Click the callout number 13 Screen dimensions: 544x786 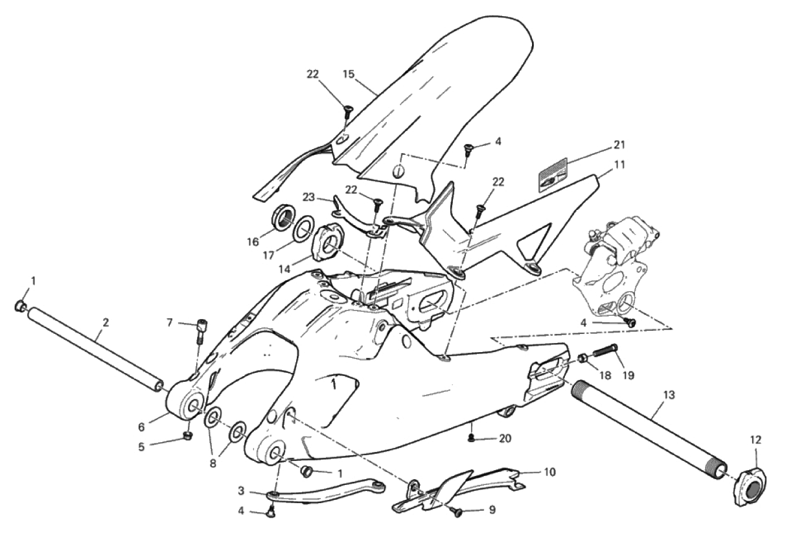[x=669, y=394]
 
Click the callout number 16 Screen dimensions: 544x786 [x=253, y=242]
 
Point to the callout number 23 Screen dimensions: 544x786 [x=307, y=196]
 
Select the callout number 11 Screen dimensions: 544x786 [x=619, y=165]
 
